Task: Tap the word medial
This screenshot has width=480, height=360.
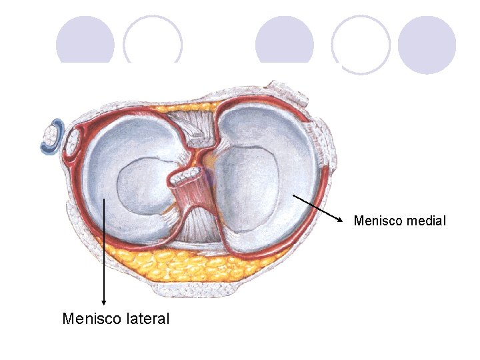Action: [425, 220]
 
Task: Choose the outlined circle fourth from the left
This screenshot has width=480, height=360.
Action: [361, 45]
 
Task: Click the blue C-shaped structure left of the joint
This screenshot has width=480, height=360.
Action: [54, 137]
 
